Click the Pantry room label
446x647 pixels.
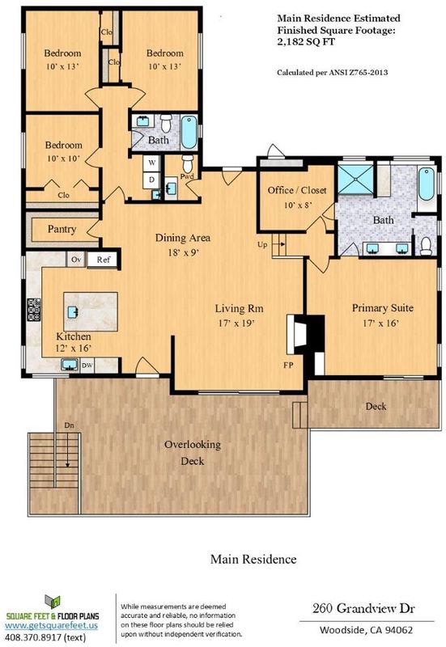point(62,229)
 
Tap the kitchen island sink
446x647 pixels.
point(72,312)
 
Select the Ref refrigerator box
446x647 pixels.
point(104,260)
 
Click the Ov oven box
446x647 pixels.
point(76,260)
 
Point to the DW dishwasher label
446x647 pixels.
point(87,366)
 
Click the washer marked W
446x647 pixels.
point(152,163)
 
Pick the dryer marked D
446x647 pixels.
point(152,180)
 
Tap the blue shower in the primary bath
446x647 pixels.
point(355,180)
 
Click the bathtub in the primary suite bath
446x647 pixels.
point(426,184)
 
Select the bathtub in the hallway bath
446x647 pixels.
point(189,132)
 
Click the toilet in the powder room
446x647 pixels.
point(188,164)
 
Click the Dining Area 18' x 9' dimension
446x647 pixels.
point(183,252)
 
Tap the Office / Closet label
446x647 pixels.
point(297,190)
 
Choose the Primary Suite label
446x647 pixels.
point(382,308)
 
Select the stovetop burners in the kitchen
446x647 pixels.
point(34,310)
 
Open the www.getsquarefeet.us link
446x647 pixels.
point(51,625)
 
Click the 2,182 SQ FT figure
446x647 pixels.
point(306,42)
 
